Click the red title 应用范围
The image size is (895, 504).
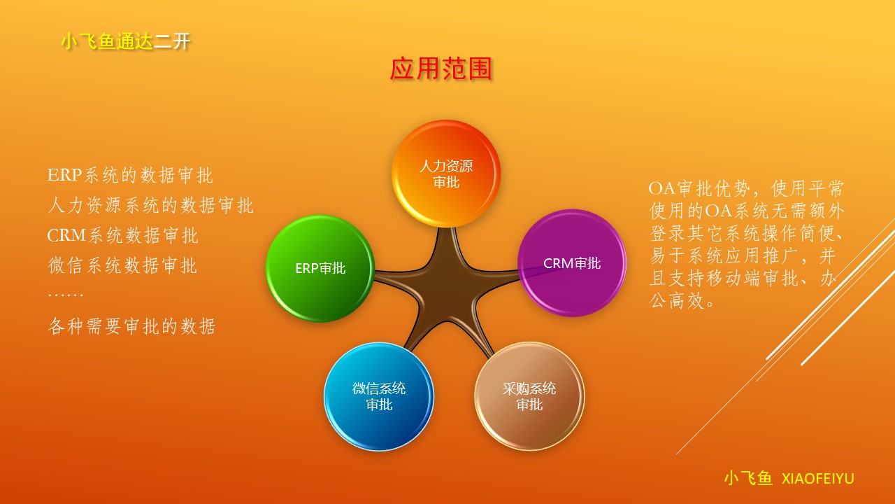coord(441,69)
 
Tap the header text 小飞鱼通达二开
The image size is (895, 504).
coord(125,41)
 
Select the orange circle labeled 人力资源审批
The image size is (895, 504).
coord(446,174)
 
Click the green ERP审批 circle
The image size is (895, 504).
coord(320,268)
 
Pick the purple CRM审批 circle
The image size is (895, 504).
coord(572,262)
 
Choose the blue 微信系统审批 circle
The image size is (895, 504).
coord(379,396)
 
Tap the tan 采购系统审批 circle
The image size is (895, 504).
coord(529,396)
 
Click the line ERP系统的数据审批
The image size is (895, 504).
coord(130,175)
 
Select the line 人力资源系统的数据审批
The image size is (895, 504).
coord(150,205)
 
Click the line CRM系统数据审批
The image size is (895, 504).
coord(122,235)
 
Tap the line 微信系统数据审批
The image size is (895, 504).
coord(122,265)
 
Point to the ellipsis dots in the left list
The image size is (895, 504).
coord(66,295)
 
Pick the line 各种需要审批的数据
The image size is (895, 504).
coord(132,326)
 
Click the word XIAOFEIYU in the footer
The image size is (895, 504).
coord(817,479)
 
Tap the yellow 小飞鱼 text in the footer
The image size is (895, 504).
coord(748,478)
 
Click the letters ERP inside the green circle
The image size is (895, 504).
coord(307,268)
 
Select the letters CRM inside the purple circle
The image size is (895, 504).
coord(559,263)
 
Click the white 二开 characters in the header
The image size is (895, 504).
coord(172,41)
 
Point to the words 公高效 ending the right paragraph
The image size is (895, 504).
coord(677,300)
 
